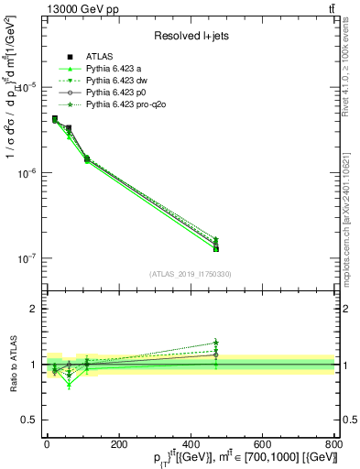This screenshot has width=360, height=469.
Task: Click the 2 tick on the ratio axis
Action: pos(32,309)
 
